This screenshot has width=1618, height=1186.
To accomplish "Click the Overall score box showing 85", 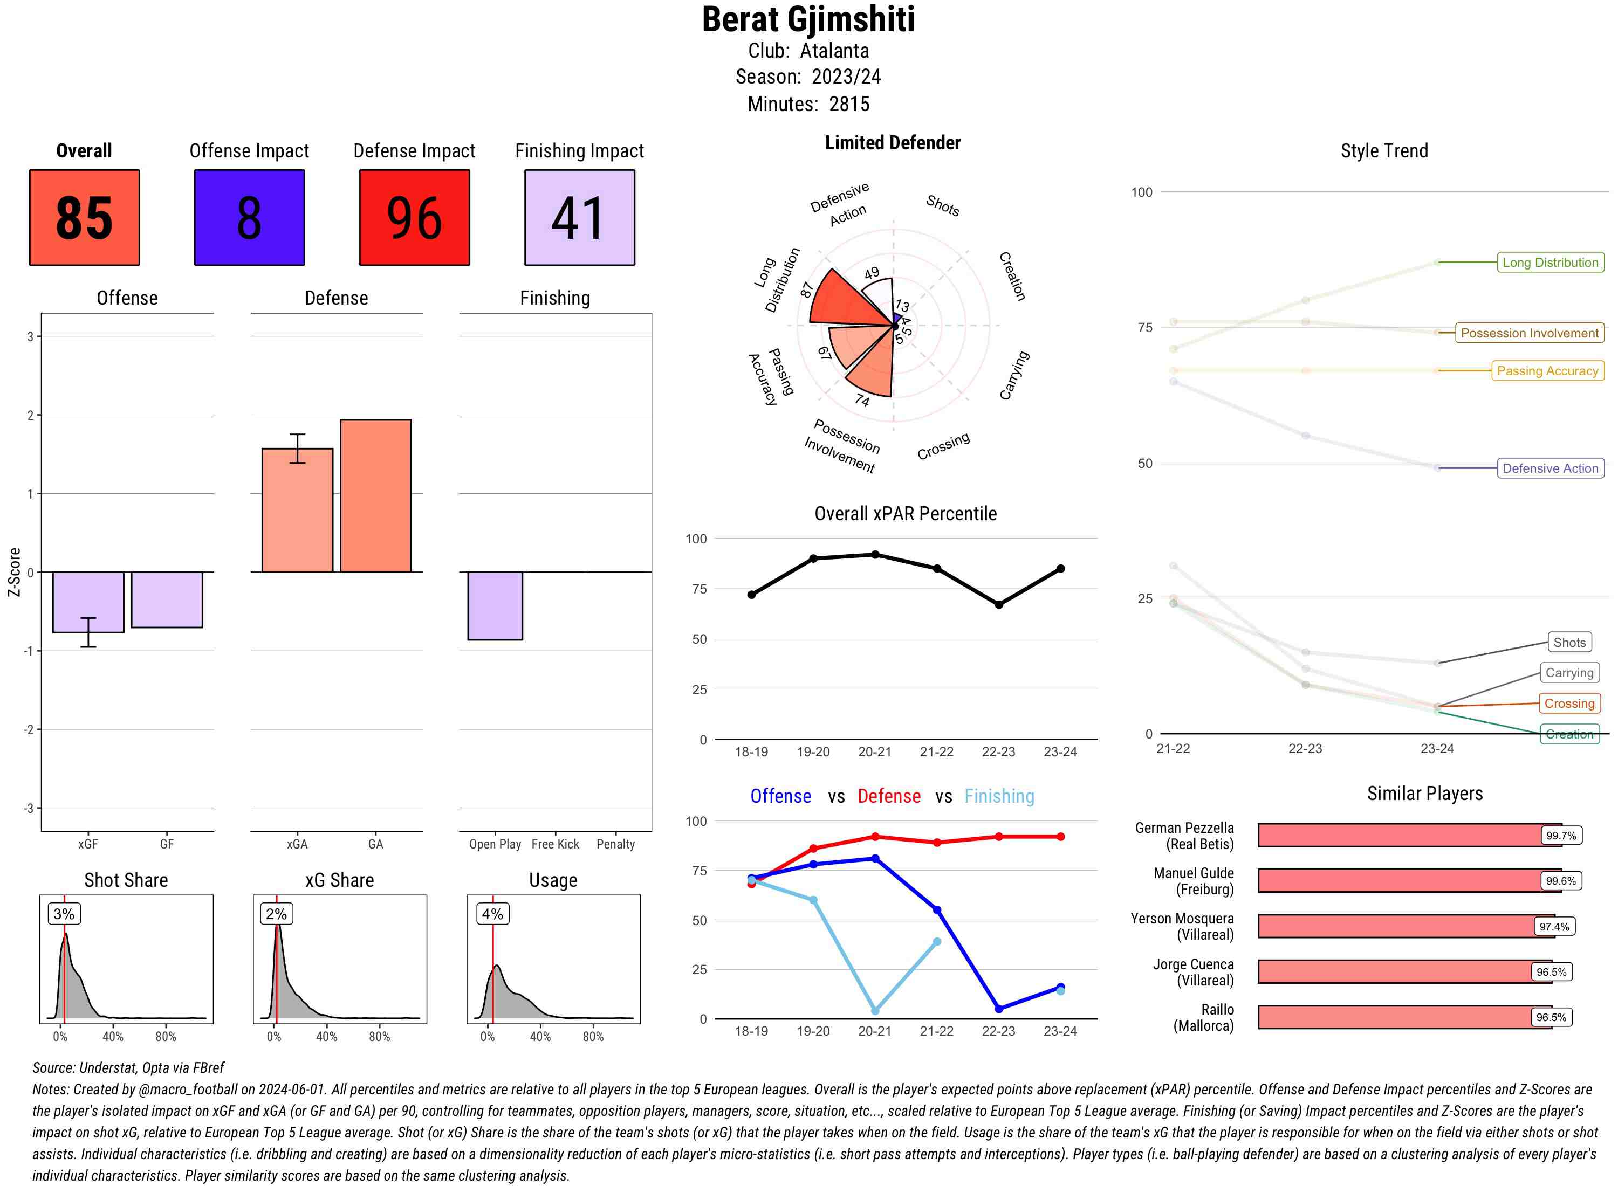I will click(84, 218).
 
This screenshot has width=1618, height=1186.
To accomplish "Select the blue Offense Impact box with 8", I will click(249, 218).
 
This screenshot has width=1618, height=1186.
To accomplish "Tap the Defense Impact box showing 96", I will click(414, 218).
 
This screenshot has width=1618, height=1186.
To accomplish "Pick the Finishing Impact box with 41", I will click(580, 218).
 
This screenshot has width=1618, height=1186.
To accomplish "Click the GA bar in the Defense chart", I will click(375, 495).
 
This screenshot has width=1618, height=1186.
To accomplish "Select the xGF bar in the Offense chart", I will click(88, 602).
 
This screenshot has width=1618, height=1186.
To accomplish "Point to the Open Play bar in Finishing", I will click(495, 605).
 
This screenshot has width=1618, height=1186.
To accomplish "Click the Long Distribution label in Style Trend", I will click(1550, 263).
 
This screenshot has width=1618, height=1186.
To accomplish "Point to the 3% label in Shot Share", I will click(64, 914).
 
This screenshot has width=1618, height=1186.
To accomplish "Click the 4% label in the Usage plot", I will click(492, 914).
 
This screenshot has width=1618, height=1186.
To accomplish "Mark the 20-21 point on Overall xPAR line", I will click(875, 555).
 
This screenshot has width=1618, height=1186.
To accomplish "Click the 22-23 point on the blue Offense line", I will click(998, 1009).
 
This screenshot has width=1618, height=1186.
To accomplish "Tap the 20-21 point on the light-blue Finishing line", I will click(875, 1011).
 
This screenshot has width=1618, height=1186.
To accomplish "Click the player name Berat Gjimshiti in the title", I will click(808, 19).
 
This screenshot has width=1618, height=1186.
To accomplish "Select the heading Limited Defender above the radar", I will click(893, 143).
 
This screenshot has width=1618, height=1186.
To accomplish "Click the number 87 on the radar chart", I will click(806, 289).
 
